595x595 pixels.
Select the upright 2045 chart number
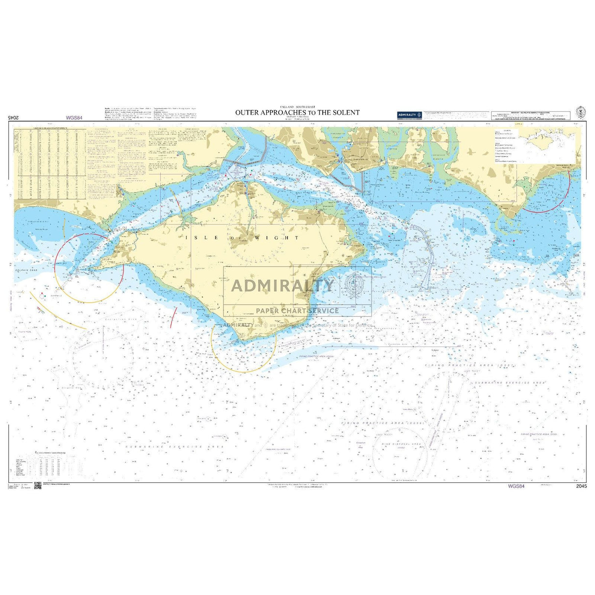click(582, 486)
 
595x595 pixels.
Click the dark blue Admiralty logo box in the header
click(410, 115)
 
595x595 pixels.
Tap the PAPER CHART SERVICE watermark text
click(297, 311)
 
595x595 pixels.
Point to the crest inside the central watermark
click(354, 284)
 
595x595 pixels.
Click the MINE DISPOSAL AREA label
click(401, 444)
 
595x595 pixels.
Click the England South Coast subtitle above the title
click(297, 106)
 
